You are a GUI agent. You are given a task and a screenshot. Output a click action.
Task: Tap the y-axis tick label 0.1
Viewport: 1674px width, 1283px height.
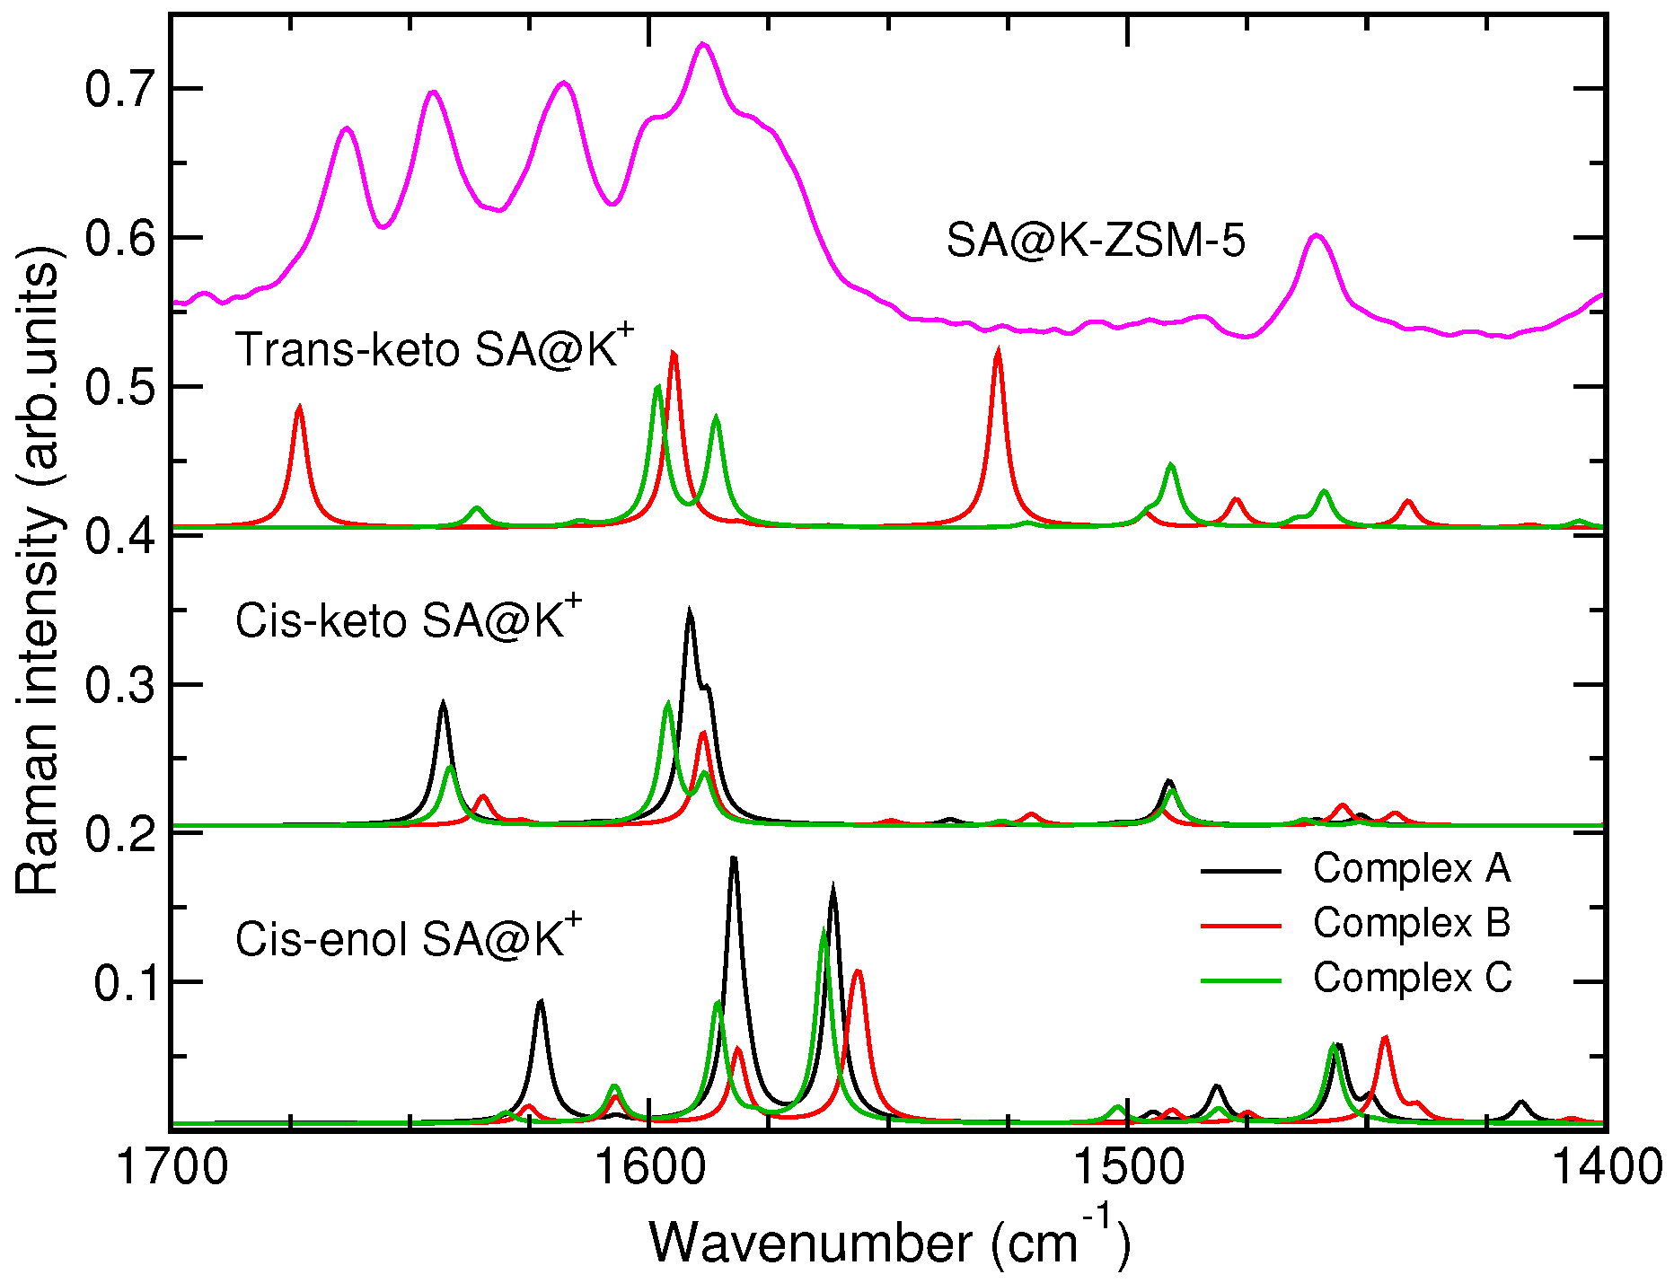125,984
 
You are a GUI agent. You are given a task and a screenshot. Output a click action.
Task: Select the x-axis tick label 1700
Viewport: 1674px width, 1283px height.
172,1168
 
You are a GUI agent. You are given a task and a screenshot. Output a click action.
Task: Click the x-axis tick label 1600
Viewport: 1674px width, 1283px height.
649,1168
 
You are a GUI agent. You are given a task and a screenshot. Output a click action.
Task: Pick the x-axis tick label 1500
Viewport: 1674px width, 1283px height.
1128,1168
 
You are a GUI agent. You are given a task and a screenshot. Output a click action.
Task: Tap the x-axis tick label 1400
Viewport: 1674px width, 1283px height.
1605,1168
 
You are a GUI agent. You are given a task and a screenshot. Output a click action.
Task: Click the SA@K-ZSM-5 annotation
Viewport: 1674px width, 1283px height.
1096,242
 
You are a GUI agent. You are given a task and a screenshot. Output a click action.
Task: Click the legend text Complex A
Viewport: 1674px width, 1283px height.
1412,868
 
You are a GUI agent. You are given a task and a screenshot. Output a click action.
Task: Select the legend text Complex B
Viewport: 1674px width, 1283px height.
1412,923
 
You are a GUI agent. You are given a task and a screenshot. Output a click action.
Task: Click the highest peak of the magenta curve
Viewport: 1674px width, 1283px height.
703,43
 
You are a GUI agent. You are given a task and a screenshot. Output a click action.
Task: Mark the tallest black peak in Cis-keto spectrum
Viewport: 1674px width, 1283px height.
690,611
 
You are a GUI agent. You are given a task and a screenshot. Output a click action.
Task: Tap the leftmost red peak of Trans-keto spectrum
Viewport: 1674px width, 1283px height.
300,407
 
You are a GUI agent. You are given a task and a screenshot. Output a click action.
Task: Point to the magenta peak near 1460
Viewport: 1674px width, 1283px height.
1317,235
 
